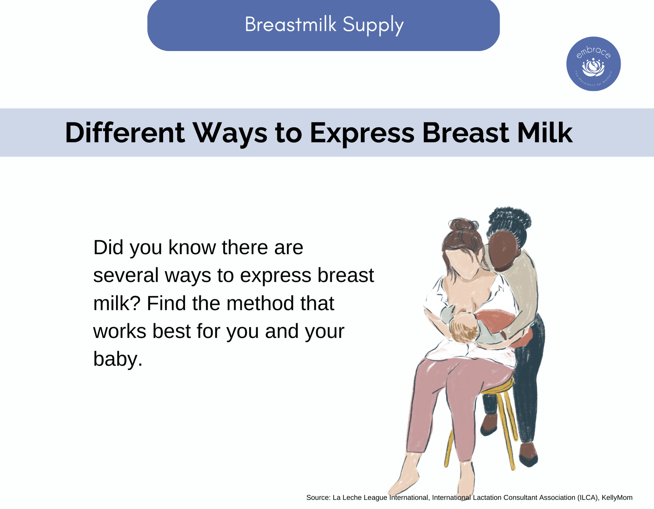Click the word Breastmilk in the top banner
pyautogui.click(x=291, y=24)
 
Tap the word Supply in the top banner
pyautogui.click(x=373, y=26)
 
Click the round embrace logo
pyautogui.click(x=594, y=64)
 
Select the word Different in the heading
pyautogui.click(x=125, y=133)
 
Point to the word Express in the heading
pyautogui.click(x=362, y=134)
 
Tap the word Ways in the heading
pyautogui.click(x=231, y=134)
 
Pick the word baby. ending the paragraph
pyautogui.click(x=118, y=359)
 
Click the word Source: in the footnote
pyautogui.click(x=318, y=498)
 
